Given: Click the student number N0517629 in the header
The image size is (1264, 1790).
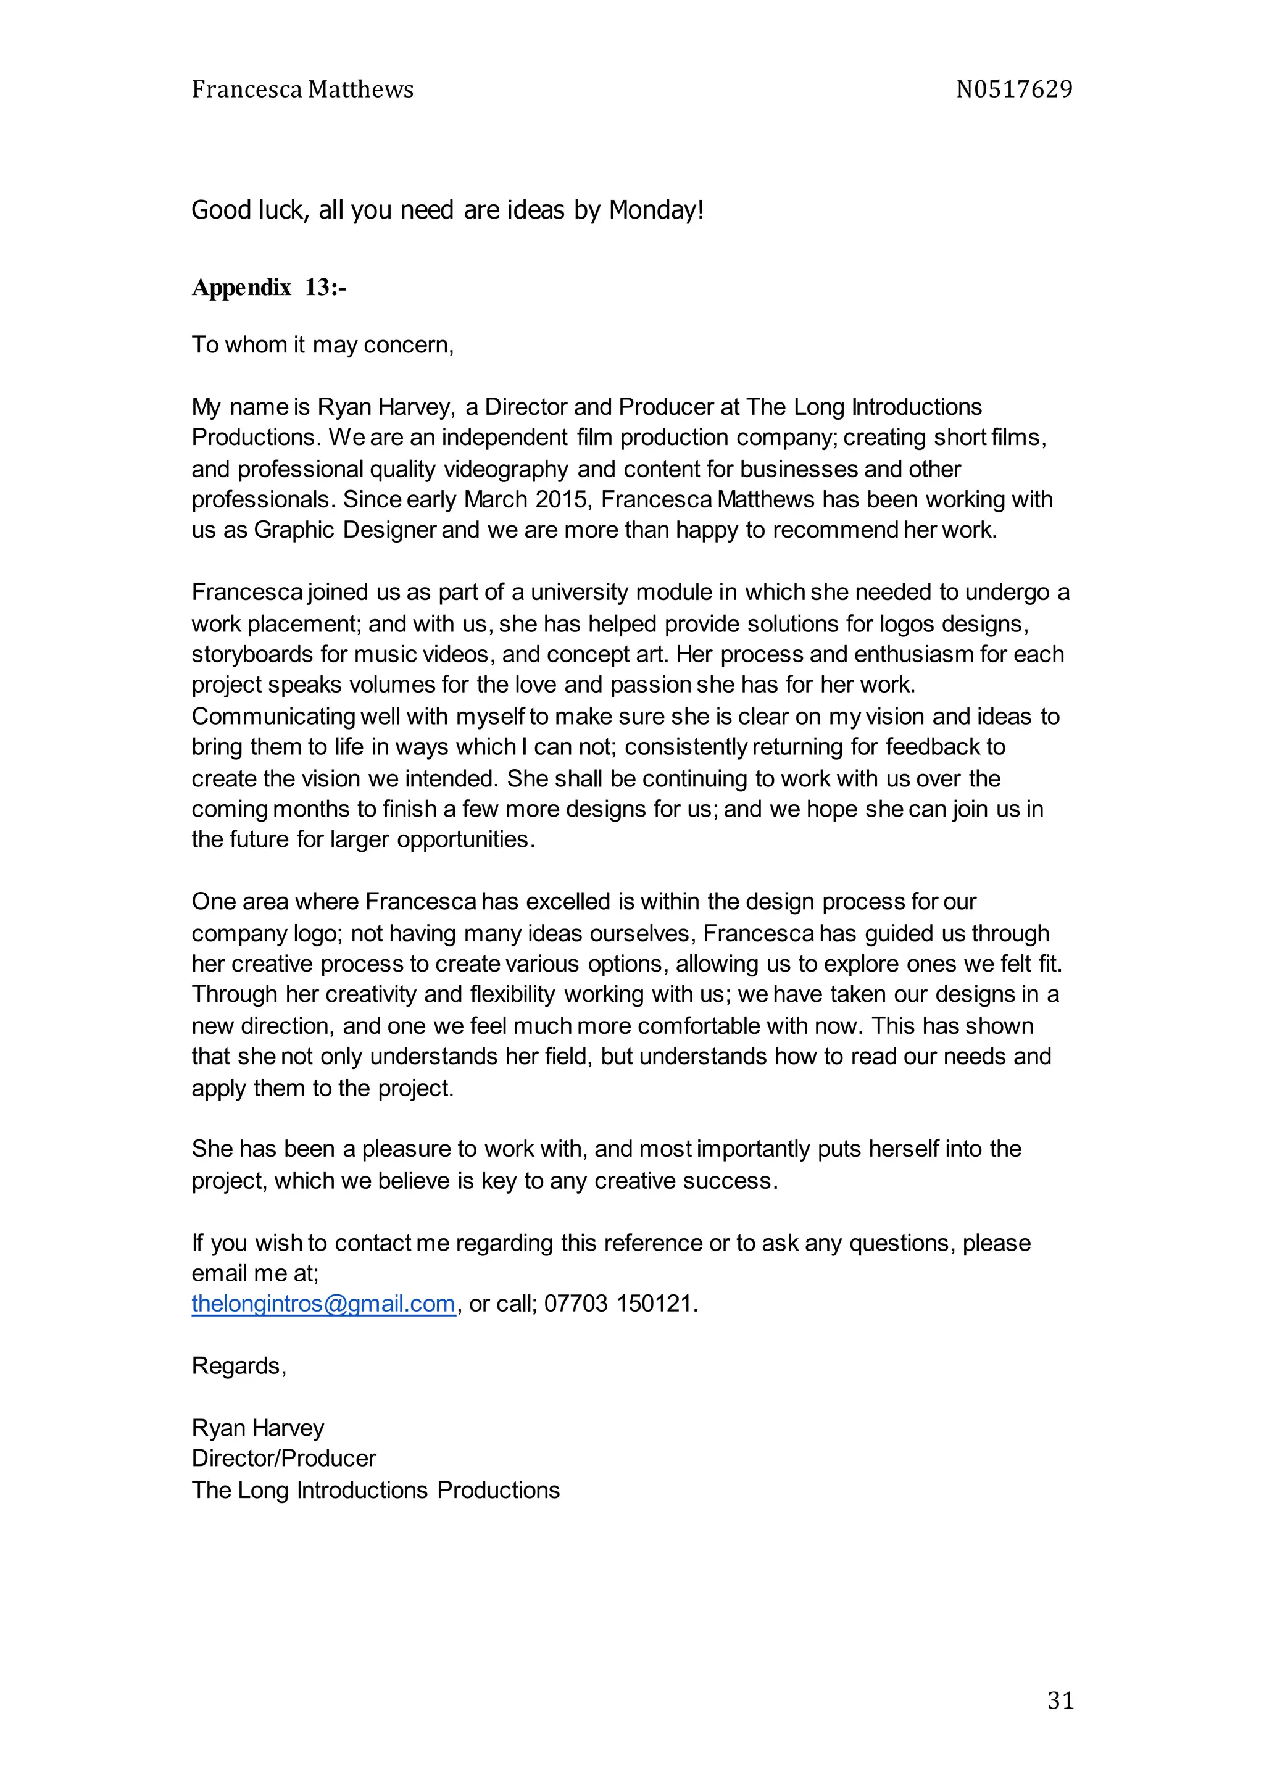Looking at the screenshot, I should pos(1013,89).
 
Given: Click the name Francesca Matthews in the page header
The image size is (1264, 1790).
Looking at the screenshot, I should pos(302,89).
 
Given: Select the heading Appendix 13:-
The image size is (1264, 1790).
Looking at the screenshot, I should pos(269,288).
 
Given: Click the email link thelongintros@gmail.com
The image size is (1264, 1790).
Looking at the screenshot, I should pos(323,1304).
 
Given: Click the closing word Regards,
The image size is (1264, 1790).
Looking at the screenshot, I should pos(239,1366).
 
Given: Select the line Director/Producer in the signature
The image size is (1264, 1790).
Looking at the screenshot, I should pos(284,1459).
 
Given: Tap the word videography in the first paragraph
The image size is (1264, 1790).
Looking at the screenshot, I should pos(506,469).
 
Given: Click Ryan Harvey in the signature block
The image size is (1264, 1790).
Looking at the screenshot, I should pos(258,1428).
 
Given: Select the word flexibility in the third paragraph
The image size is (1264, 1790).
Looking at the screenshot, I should pos(512,995).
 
